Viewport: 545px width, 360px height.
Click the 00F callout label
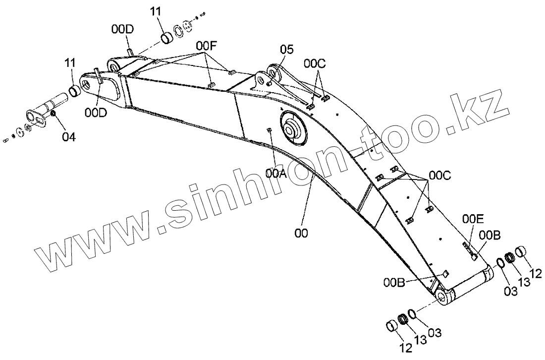(206, 46)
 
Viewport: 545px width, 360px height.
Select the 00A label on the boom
(276, 173)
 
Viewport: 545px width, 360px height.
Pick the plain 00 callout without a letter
(301, 233)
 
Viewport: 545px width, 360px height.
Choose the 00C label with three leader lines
(440, 175)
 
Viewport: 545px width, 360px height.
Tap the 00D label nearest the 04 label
(95, 113)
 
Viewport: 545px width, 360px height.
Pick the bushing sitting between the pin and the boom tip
(76, 90)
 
